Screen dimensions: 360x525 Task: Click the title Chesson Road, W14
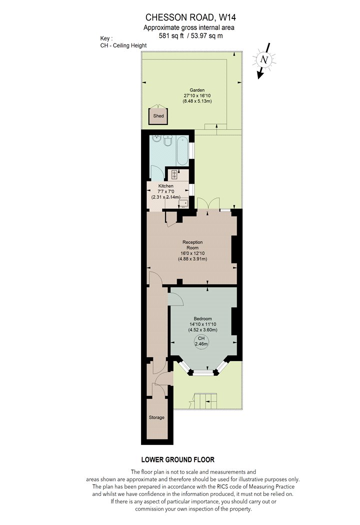click(188, 17)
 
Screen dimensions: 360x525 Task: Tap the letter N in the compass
click(264, 59)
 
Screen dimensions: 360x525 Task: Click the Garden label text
click(197, 90)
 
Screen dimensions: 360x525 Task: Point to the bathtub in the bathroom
click(182, 149)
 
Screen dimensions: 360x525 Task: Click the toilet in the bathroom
click(168, 141)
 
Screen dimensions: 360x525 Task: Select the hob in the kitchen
click(174, 174)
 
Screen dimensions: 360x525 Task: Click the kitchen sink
click(183, 203)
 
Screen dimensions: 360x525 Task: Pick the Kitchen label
click(166, 186)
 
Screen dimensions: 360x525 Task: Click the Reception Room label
click(192, 245)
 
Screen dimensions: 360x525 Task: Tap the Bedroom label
click(202, 319)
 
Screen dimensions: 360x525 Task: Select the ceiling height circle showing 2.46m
click(201, 341)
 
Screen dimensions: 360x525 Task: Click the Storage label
click(156, 417)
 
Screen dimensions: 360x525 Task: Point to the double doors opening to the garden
click(208, 203)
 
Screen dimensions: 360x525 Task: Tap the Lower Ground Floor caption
click(178, 459)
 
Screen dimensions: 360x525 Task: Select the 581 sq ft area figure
click(171, 36)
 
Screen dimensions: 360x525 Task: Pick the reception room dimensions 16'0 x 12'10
click(192, 253)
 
